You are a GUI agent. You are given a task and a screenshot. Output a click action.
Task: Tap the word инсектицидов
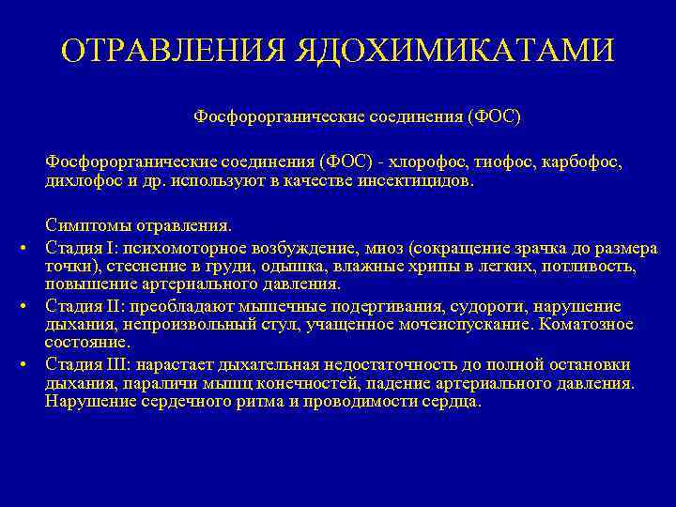pos(413,179)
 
